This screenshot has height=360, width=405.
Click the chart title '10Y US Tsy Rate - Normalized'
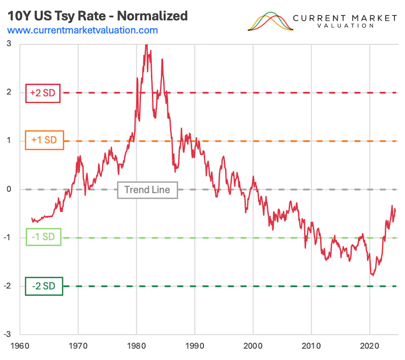click(x=98, y=16)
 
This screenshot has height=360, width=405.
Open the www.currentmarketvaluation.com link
click(x=82, y=30)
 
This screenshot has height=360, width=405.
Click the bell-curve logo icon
click(x=270, y=22)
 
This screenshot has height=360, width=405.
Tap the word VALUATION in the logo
click(x=345, y=26)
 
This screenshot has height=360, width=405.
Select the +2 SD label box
click(x=43, y=93)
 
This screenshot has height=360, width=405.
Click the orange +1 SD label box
click(x=44, y=140)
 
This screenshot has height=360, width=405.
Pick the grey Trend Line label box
click(x=147, y=190)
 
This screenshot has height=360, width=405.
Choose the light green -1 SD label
click(x=43, y=237)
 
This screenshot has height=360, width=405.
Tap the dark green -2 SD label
click(x=44, y=286)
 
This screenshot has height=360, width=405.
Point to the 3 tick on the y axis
click(x=9, y=44)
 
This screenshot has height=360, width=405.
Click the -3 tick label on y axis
click(x=7, y=334)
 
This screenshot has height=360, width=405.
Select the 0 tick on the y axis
click(x=9, y=189)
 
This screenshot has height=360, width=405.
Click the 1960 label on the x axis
click(x=20, y=346)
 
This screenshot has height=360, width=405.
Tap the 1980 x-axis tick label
click(x=136, y=346)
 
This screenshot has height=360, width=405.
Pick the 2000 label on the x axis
click(x=253, y=346)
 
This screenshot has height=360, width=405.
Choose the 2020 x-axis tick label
click(x=369, y=346)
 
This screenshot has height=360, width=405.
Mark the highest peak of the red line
click(x=146, y=45)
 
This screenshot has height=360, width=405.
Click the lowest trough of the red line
click(x=373, y=275)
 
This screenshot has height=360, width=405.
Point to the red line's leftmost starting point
click(x=32, y=219)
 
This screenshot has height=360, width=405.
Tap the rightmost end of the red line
click(x=395, y=209)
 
